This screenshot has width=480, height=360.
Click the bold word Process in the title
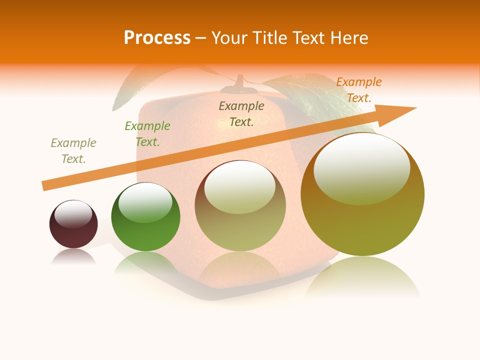[x=157, y=38]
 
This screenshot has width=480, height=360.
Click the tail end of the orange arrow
[x=44, y=186]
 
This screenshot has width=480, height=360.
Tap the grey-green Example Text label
[x=73, y=151]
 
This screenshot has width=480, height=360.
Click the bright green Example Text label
[x=147, y=134]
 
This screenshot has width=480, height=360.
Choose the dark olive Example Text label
[x=241, y=114]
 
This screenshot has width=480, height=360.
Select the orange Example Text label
[x=359, y=90]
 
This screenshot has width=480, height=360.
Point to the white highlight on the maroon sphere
[x=73, y=214]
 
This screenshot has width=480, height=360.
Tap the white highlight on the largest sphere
[x=361, y=169]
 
